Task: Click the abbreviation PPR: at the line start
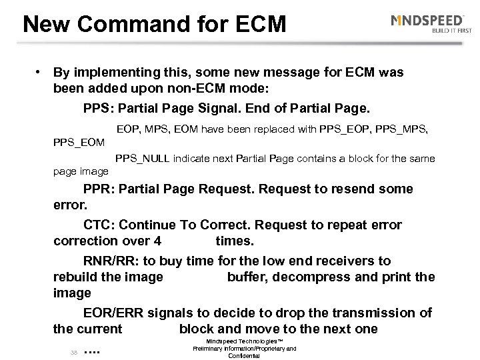coord(100,189)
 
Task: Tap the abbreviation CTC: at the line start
coord(100,225)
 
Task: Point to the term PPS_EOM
coord(79,141)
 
